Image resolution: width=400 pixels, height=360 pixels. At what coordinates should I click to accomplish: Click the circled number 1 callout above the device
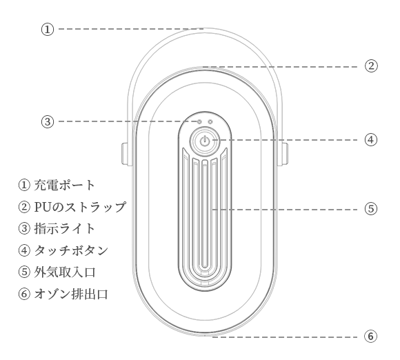coord(48,30)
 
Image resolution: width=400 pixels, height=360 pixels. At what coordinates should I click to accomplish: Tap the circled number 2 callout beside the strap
coord(370,66)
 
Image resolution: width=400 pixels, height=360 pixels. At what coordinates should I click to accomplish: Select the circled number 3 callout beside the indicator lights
coord(48,121)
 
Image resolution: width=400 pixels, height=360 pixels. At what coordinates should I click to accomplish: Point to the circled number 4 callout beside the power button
coord(370,140)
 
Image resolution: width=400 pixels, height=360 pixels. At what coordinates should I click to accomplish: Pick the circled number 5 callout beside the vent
coord(370,209)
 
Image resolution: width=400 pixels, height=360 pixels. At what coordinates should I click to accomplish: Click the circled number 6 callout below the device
coord(370,336)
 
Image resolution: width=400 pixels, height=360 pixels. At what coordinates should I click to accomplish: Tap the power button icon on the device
coord(204,141)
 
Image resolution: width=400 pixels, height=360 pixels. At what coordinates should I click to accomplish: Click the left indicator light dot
coord(199,121)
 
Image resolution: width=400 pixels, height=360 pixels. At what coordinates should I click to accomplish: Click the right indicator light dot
coord(210,121)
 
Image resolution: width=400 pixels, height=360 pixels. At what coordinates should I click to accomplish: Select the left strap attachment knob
coord(126,153)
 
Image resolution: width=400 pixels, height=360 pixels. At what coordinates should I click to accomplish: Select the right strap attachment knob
coord(283,153)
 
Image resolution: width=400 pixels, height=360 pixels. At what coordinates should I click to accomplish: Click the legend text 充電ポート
coord(65,185)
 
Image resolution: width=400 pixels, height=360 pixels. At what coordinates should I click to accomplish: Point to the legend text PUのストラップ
coord(80,207)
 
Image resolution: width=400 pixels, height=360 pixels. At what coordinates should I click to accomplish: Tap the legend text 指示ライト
coord(65,228)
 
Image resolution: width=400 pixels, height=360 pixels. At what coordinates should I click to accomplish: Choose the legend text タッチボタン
coord(71,250)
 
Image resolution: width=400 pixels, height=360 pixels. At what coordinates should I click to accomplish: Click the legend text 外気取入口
coord(65,272)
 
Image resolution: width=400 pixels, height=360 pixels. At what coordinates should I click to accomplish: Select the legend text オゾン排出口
coord(71,294)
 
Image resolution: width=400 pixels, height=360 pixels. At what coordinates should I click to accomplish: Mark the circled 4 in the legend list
coord(24,250)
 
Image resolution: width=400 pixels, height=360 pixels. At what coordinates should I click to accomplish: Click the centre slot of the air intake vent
coord(204,216)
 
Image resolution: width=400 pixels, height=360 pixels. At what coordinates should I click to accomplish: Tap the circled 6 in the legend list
coord(24,294)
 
